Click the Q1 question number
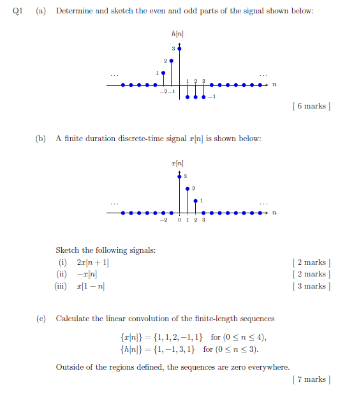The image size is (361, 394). [x=17, y=11]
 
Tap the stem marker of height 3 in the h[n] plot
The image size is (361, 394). [x=179, y=48]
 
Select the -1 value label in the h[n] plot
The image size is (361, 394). [x=214, y=97]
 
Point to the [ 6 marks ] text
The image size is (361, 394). [x=310, y=106]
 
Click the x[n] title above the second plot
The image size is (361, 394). [x=179, y=165]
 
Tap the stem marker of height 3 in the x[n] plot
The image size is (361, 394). [x=179, y=176]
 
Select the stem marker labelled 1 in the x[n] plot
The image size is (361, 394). [x=195, y=201]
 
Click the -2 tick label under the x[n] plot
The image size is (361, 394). [x=163, y=221]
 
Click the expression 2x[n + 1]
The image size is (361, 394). [x=93, y=262]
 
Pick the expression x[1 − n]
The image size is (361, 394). [x=91, y=286]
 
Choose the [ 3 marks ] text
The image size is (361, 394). [x=310, y=286]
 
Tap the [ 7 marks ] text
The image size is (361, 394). [x=310, y=379]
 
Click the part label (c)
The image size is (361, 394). [x=40, y=318]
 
